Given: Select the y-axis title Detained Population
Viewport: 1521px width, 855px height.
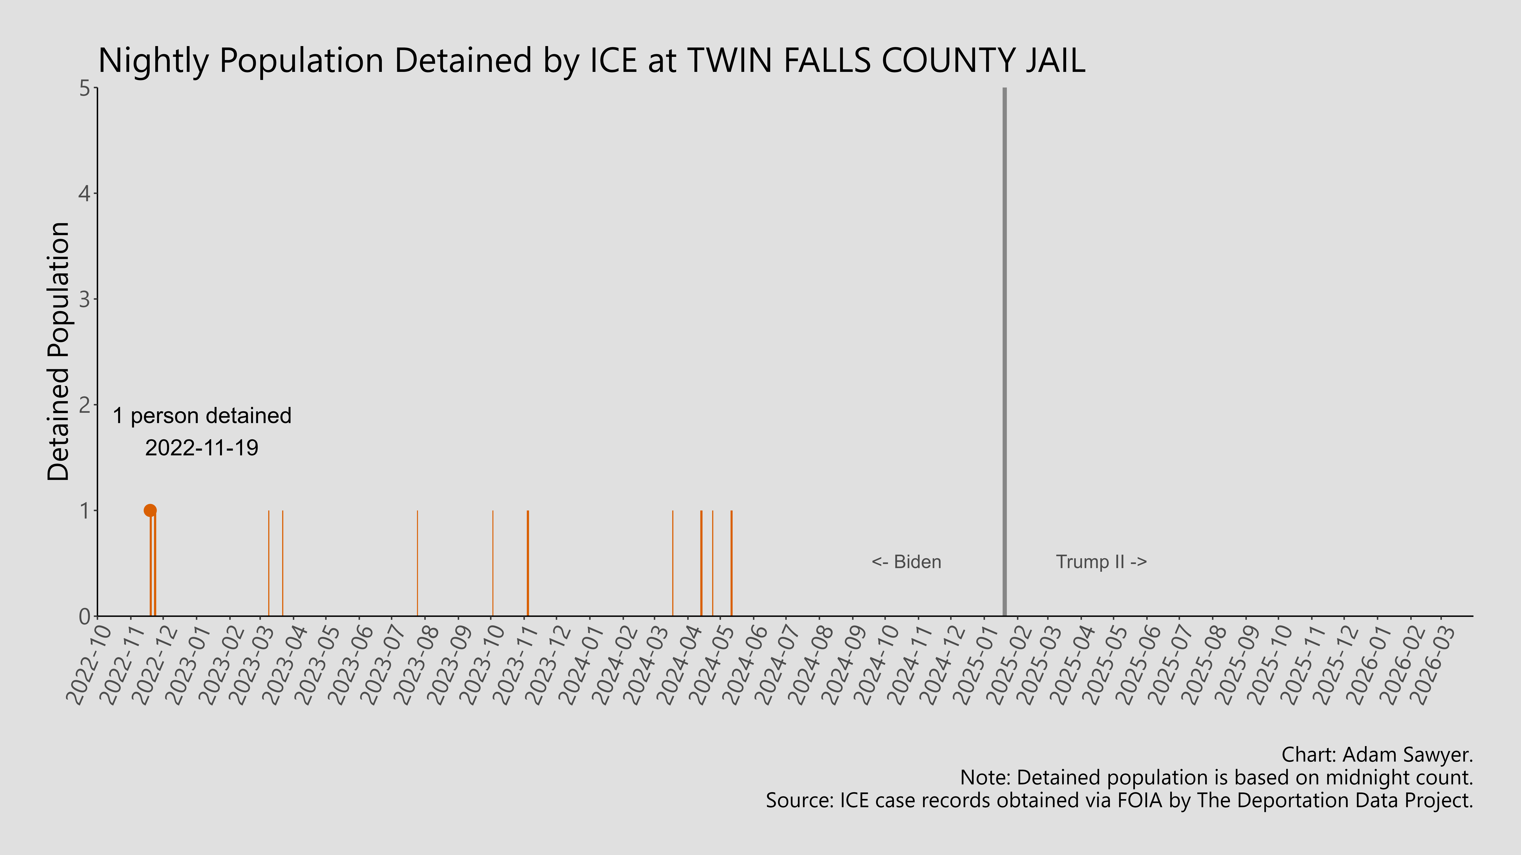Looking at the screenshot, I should point(58,352).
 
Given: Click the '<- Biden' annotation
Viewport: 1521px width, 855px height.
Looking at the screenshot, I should point(906,562).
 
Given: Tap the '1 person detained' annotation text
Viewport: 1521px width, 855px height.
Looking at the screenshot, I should point(202,416).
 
